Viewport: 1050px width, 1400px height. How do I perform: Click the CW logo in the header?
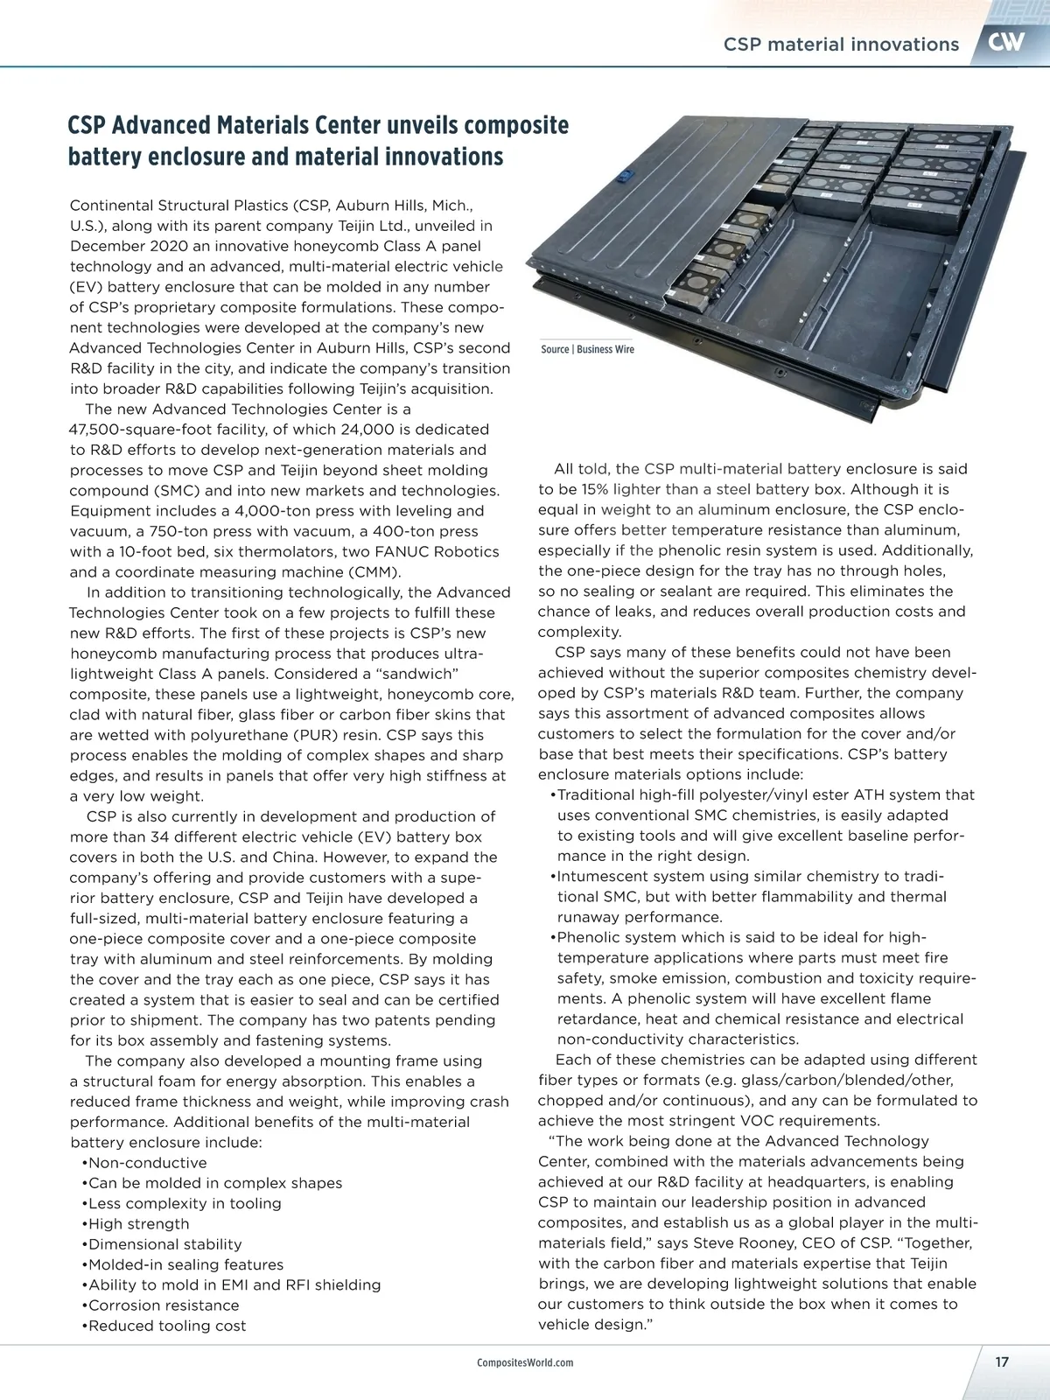pos(1006,42)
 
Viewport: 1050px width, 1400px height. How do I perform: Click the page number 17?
pos(1002,1361)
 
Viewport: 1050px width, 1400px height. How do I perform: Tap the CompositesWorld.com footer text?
pos(525,1362)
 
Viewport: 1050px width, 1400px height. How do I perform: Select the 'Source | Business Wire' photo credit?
pos(587,349)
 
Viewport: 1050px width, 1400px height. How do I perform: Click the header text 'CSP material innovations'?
pos(841,45)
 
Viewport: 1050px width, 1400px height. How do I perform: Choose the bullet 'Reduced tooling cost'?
pos(166,1326)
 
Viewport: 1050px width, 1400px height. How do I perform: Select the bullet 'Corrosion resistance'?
pos(163,1305)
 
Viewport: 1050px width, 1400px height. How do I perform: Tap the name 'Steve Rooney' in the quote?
pos(744,1243)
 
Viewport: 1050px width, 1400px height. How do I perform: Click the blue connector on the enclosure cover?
pos(625,175)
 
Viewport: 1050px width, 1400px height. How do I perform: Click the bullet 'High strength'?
pos(138,1224)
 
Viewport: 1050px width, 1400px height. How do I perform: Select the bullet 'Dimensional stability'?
pos(164,1244)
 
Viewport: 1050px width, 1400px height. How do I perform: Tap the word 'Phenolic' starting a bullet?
pos(589,938)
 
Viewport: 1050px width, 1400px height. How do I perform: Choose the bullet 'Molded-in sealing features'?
pos(185,1264)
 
